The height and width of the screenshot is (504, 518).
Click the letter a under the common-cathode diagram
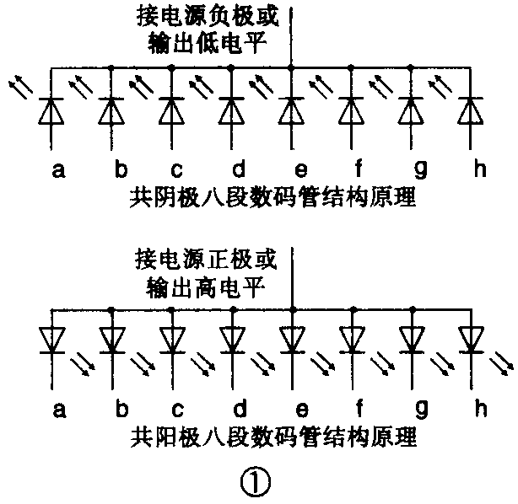[x=58, y=169]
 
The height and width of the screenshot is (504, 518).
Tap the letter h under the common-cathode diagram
[x=481, y=169]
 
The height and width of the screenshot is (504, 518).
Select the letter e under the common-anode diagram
[x=301, y=410]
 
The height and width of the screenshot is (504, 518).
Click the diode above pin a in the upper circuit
[x=52, y=110]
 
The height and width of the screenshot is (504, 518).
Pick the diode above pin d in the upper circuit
[x=230, y=110]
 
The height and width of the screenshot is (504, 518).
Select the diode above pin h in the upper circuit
[x=469, y=110]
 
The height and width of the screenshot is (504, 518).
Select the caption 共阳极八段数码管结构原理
[x=274, y=439]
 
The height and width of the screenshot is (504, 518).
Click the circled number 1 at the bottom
[x=255, y=482]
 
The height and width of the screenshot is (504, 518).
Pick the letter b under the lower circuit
[x=121, y=410]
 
